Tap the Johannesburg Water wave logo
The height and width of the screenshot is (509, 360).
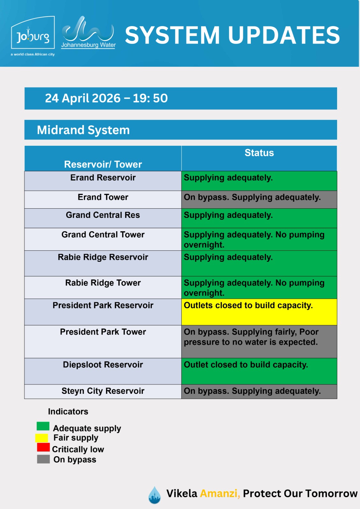[x=88, y=32]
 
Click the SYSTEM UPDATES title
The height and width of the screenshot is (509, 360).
[x=232, y=35]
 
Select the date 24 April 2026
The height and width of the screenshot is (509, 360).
[x=82, y=98]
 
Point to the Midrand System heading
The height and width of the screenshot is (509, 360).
[x=83, y=130]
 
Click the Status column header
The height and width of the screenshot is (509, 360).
[x=259, y=153]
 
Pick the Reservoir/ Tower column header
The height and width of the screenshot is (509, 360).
[x=103, y=164]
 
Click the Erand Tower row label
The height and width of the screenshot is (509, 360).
[x=103, y=197]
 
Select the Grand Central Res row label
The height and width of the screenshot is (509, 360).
[x=103, y=215]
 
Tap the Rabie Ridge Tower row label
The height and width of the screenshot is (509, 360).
[x=103, y=283]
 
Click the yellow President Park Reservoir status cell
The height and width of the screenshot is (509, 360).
[x=259, y=312]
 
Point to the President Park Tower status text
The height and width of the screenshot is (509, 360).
[x=251, y=337]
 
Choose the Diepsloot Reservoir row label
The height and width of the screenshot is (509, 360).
[x=103, y=365]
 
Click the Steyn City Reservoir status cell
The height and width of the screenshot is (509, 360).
[x=259, y=392]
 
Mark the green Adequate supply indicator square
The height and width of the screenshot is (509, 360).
[x=43, y=426]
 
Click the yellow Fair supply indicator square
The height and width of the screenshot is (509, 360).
[x=42, y=438]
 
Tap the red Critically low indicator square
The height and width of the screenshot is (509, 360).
[x=43, y=447]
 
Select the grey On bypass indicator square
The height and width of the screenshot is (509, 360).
[x=43, y=459]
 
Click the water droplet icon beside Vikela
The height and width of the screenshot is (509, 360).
[x=155, y=495]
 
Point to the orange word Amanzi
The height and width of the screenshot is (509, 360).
[x=220, y=493]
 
